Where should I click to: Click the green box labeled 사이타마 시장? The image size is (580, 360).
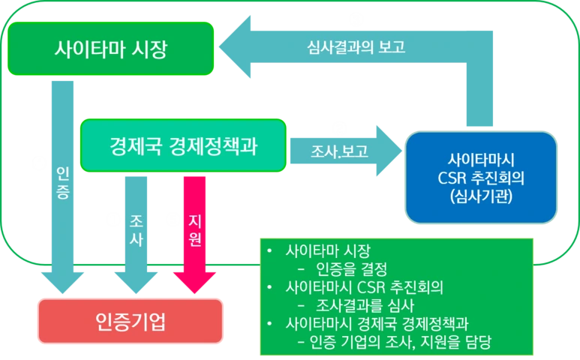point(112,49)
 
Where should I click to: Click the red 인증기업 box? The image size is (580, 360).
point(131,322)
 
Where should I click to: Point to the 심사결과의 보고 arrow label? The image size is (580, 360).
point(356,48)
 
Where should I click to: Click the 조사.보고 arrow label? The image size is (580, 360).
point(339,151)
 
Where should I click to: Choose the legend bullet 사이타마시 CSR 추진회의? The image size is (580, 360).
point(365,287)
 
